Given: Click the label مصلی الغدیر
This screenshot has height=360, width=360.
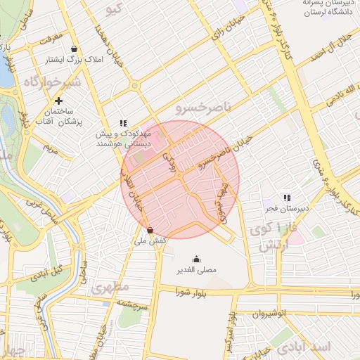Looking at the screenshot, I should coord(195,269).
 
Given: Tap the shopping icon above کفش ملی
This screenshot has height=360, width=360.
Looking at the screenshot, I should coord(150,230).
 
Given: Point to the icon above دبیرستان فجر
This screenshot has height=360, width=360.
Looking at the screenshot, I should coord(287,198).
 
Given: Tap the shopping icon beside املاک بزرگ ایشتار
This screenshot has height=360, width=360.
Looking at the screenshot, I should coord(75,49).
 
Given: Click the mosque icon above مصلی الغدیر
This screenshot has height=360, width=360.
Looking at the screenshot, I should coord(195,257).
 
